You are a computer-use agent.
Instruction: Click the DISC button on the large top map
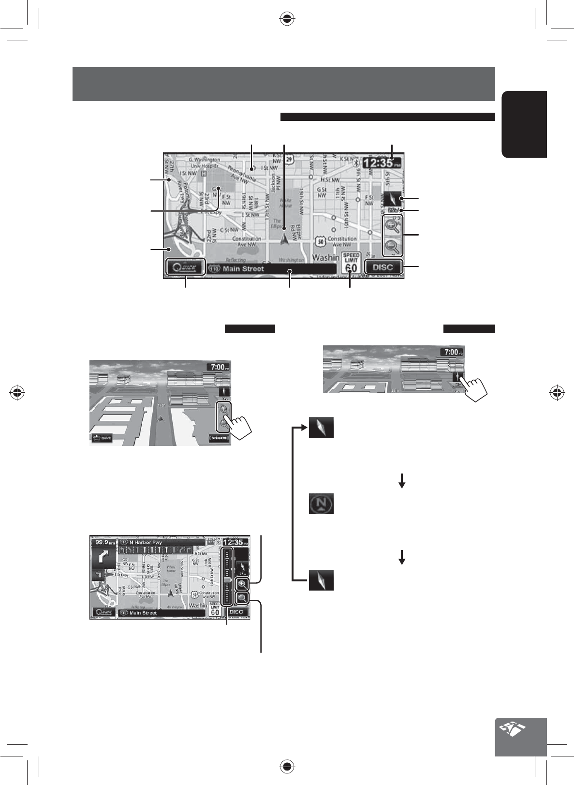383,267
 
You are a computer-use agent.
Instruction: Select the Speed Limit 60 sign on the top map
352,263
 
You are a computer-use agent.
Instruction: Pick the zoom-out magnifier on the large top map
392,247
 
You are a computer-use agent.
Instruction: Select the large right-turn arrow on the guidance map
103,558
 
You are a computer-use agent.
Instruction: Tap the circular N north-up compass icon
321,504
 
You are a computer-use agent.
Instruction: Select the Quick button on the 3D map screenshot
102,438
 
